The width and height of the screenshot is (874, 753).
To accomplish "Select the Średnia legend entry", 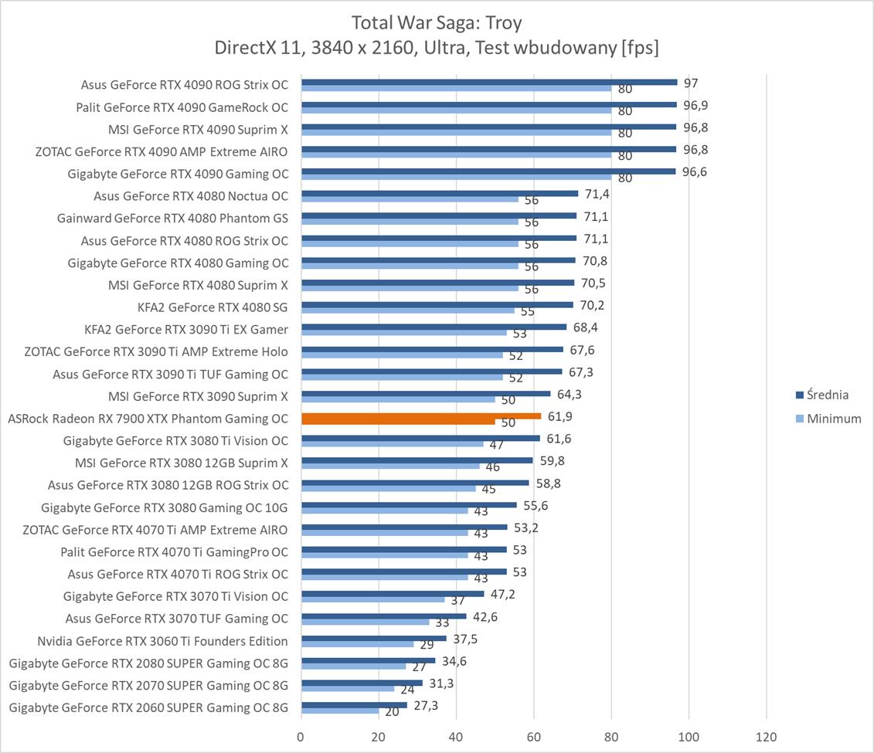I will click(827, 395).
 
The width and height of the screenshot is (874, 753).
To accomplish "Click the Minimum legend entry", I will click(833, 419).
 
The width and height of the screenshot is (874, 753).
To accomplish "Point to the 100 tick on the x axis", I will click(689, 738).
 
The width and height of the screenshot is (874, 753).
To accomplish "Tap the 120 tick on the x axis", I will click(766, 738).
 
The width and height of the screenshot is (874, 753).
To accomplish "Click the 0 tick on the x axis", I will click(301, 738).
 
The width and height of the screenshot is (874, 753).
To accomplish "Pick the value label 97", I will click(691, 83).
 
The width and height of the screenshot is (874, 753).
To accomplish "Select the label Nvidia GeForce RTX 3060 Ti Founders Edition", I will click(162, 641).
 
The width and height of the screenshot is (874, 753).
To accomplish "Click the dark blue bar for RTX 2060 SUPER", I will click(354, 704).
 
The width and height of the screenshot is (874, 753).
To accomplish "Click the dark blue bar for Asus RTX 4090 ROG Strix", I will click(488, 82).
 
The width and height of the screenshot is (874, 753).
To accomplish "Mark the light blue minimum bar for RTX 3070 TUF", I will click(365, 622).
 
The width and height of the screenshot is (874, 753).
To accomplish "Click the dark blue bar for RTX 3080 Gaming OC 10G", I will click(409, 504).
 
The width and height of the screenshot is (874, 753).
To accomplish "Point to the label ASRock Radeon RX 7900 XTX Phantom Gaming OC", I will click(148, 419).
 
